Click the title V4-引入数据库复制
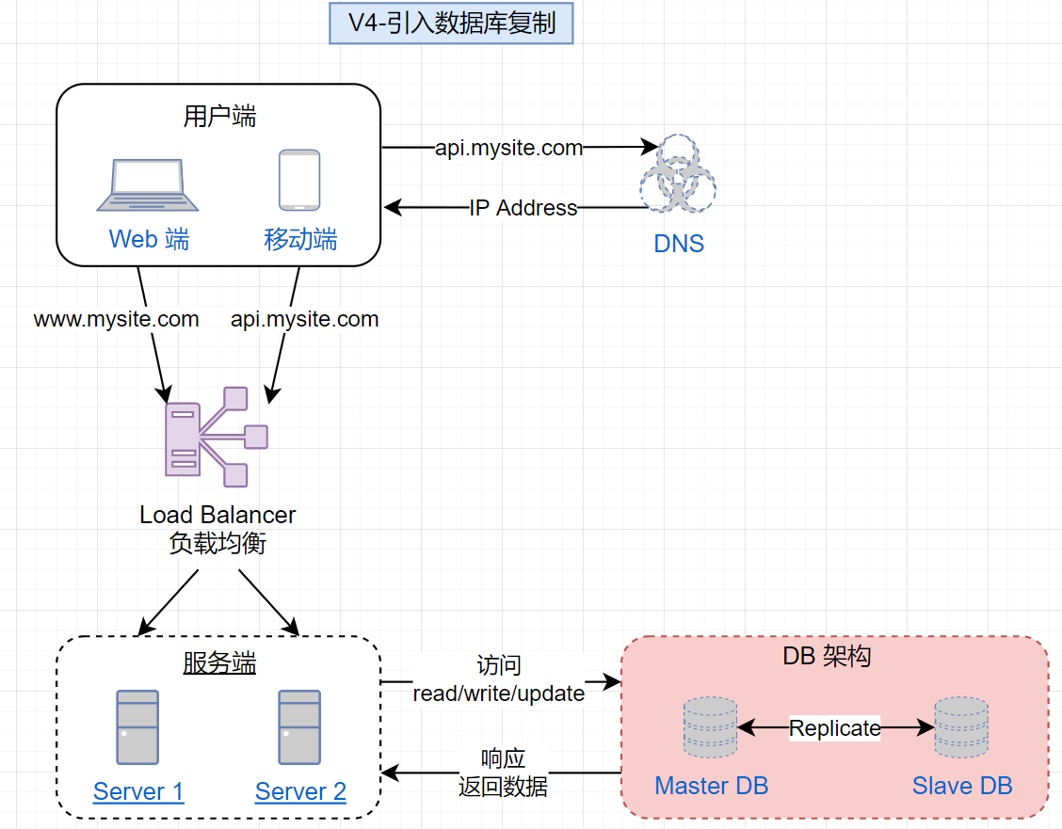pos(451,24)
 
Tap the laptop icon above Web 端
pos(148,186)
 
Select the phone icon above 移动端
pos(299,181)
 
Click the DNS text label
pos(679,244)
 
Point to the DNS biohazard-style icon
pos(678,173)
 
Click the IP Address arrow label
pos(523,208)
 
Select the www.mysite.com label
pos(117,319)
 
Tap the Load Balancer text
pos(217,515)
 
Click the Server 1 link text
pos(138,791)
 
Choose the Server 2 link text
pos(300,791)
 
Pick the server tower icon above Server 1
pos(137,726)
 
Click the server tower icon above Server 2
pos(299,726)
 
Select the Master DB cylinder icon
pos(710,727)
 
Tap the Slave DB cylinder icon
pos(961,727)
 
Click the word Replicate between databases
pos(835,728)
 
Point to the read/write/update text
pos(499,693)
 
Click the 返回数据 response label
pos(503,786)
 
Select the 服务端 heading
pos(219,664)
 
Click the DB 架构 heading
pos(827,657)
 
